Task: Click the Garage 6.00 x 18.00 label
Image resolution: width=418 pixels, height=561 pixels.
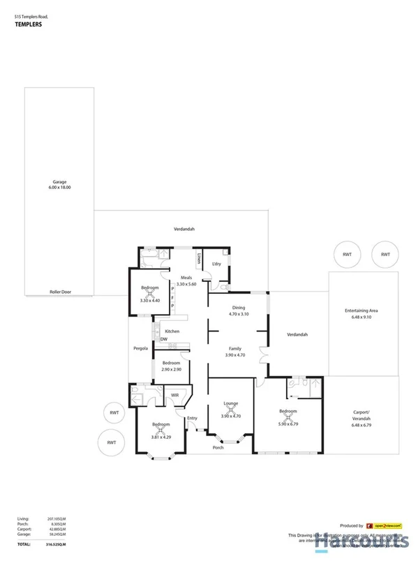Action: click(x=59, y=185)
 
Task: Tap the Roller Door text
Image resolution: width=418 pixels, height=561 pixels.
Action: click(x=61, y=292)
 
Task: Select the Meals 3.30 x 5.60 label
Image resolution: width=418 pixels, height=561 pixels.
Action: click(x=186, y=281)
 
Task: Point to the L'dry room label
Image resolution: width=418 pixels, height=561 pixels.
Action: click(x=216, y=264)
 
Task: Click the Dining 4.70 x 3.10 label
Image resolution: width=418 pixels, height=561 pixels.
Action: click(x=239, y=311)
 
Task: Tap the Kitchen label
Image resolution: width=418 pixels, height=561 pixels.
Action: click(x=172, y=331)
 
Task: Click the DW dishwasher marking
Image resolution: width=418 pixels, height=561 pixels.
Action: click(x=163, y=340)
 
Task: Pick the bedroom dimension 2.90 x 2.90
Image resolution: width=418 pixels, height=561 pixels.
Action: click(x=172, y=369)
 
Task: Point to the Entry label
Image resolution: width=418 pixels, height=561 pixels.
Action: click(x=192, y=418)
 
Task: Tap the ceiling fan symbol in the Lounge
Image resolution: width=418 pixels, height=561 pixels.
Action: click(x=230, y=410)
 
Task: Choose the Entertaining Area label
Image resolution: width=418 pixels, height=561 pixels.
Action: click(x=363, y=313)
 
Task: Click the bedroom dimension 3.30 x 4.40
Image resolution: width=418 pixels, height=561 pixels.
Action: click(x=150, y=301)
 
